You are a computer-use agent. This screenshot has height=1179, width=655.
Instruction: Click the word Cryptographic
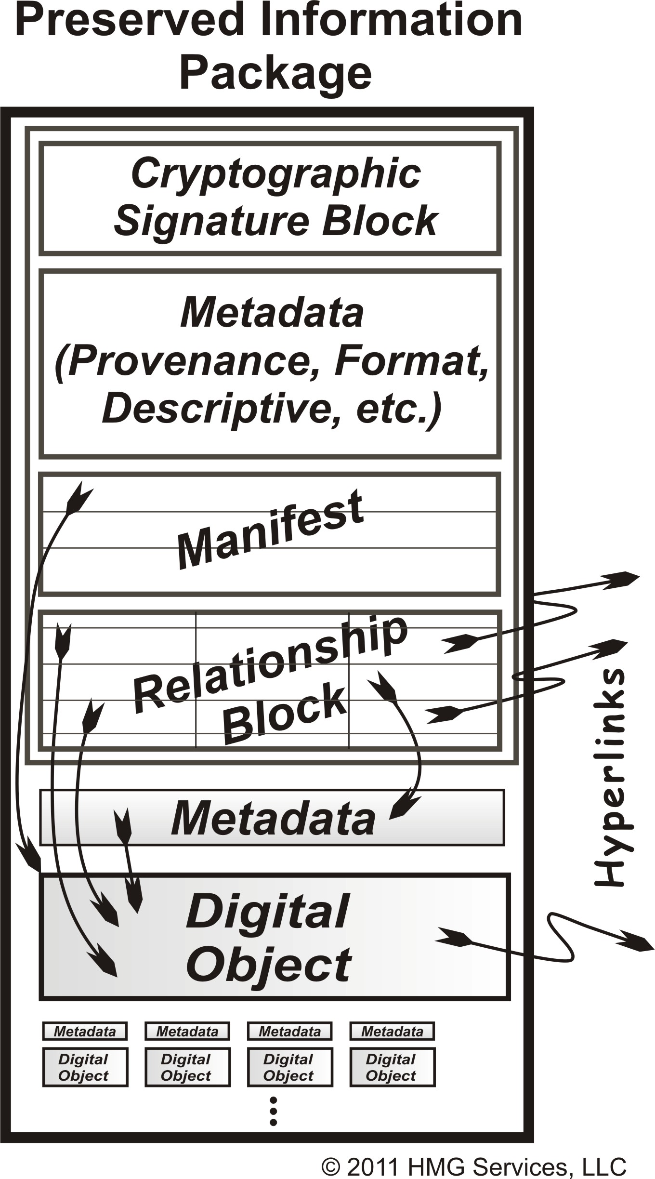tap(275, 174)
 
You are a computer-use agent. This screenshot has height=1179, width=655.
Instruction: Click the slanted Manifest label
tap(270, 530)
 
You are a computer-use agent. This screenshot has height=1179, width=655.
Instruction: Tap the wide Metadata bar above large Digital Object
tap(273, 818)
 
